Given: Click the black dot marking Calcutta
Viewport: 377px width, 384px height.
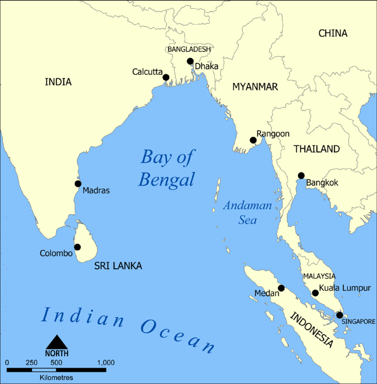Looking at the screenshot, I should [x=166, y=78].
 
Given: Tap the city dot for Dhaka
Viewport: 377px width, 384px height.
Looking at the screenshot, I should [x=190, y=61].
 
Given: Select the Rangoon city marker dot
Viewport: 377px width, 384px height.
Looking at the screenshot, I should [x=253, y=140].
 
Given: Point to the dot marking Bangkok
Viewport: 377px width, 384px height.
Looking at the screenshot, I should [x=301, y=176].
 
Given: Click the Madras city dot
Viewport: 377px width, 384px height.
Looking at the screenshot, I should [x=78, y=184].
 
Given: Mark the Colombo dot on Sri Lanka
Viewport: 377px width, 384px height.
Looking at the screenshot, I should [x=77, y=247].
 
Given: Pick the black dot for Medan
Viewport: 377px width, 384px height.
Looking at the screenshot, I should [x=281, y=288].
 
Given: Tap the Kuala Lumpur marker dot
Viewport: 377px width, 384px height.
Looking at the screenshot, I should [x=315, y=293].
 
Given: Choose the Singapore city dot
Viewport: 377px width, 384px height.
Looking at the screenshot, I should [x=339, y=315].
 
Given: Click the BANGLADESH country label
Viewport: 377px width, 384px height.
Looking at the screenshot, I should [x=189, y=49].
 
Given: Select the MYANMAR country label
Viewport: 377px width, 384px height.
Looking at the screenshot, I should [x=255, y=87].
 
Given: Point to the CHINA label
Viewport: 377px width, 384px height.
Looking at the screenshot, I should [x=333, y=33].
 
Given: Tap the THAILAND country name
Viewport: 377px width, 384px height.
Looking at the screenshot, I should [x=317, y=149].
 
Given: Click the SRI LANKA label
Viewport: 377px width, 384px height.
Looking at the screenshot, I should [x=118, y=266].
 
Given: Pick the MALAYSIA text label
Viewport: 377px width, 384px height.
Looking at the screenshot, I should [x=319, y=276].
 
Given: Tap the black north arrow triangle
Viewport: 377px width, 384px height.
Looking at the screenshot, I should [x=57, y=342].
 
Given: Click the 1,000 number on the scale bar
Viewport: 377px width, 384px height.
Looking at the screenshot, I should [x=106, y=363].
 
